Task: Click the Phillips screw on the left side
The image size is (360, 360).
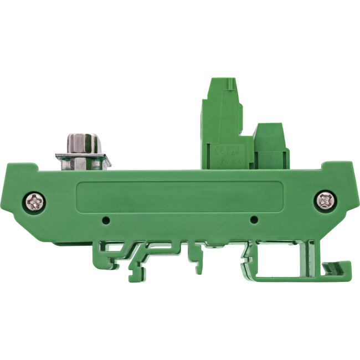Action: pyautogui.click(x=36, y=202)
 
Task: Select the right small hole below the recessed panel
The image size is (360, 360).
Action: pyautogui.click(x=254, y=220)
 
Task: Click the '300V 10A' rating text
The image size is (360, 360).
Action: pyautogui.click(x=228, y=163)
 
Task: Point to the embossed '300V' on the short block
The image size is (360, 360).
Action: pyautogui.click(x=270, y=158)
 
